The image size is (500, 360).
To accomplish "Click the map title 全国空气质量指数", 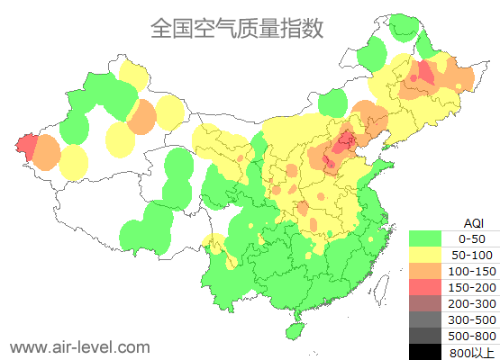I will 237,29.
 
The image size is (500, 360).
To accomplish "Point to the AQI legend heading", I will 473,222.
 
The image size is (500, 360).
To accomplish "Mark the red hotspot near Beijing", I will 342,142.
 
